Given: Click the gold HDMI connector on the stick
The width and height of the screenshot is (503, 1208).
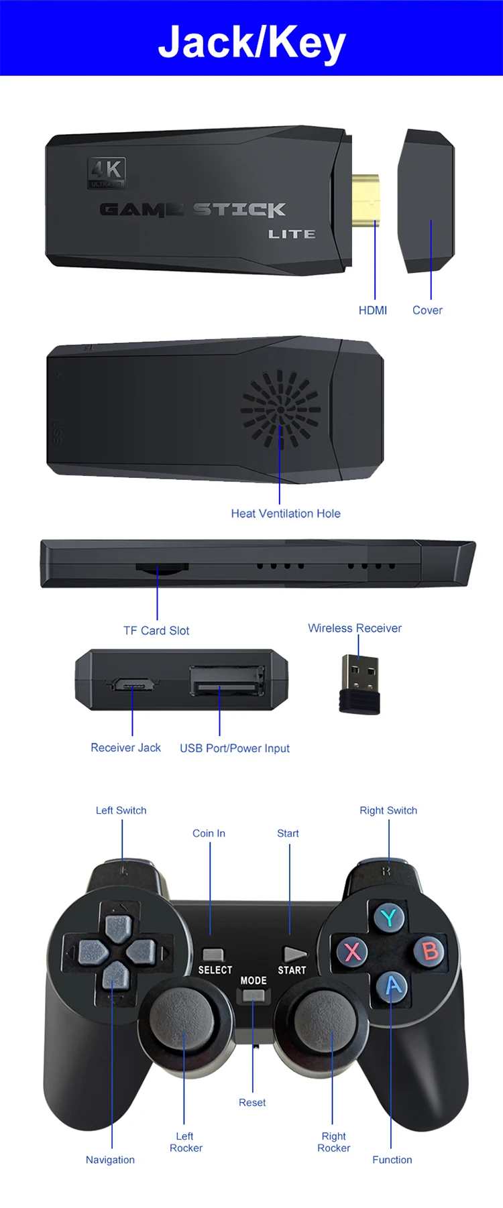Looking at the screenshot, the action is [366, 200].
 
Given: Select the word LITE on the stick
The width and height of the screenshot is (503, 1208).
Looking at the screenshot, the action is [292, 234].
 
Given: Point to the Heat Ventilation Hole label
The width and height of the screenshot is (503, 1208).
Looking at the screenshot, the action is [286, 514].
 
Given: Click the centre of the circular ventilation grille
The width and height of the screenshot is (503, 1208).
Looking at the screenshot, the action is [280, 409].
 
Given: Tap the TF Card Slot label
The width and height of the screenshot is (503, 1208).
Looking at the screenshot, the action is [156, 631].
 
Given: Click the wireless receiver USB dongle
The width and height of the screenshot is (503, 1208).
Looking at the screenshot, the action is [359, 684].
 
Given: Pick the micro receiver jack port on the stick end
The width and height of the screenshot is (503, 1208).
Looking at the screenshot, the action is [132, 684].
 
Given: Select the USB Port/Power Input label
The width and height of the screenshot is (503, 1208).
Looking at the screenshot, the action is [235, 748].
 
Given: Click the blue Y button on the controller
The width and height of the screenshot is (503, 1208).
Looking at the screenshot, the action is [389, 917].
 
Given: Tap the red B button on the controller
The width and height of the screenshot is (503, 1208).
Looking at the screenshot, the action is [430, 951].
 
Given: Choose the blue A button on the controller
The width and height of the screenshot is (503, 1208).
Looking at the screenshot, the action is [393, 985].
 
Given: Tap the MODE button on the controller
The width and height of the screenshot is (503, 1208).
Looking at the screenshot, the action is [254, 995].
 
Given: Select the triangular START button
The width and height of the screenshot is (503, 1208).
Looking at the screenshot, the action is [294, 953].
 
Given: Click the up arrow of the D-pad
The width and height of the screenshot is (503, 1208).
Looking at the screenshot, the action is [118, 926].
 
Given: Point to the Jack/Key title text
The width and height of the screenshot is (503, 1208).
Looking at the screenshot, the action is [251, 42].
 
